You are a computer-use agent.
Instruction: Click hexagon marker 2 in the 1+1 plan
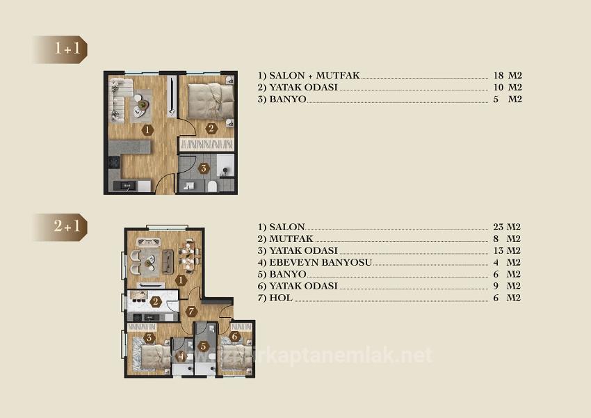pos(211,127)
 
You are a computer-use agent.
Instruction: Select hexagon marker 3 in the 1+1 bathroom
pos(203,168)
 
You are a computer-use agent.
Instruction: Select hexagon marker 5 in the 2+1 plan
pos(203,344)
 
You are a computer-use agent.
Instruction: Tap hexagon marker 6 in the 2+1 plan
pos(235,337)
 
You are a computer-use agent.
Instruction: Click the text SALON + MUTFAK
pos(309,75)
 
